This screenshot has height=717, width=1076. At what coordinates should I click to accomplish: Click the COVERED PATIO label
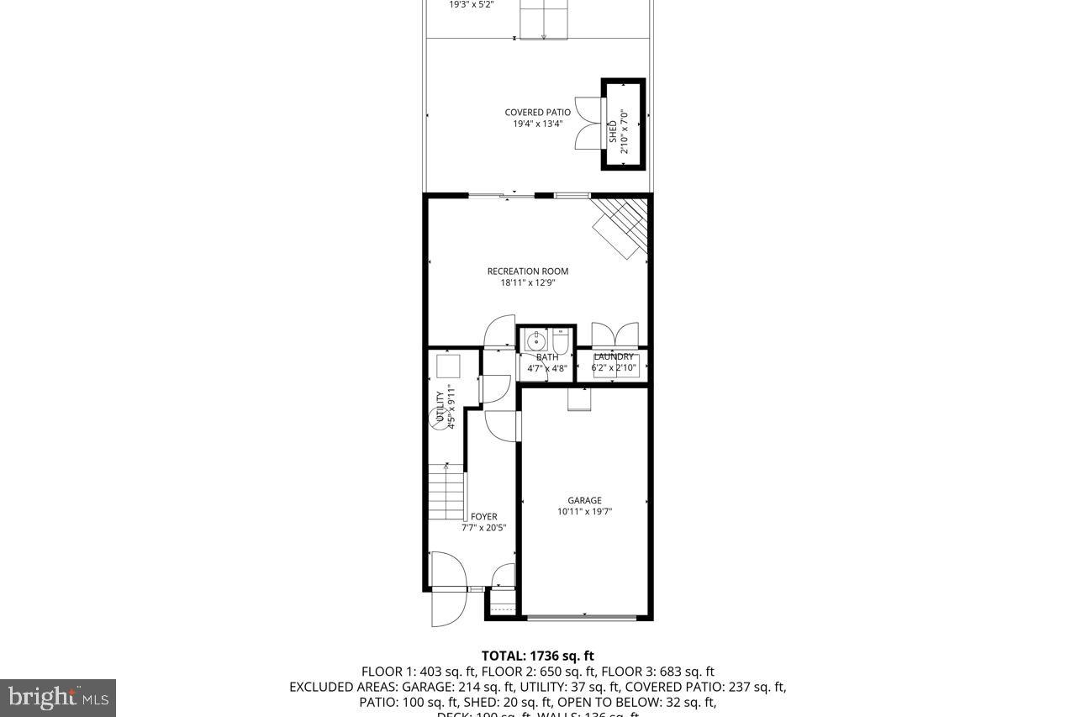pyautogui.click(x=537, y=113)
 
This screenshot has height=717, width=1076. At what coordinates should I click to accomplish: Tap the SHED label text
pyautogui.click(x=613, y=132)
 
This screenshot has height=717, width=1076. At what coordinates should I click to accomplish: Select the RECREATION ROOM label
pyautogui.click(x=528, y=272)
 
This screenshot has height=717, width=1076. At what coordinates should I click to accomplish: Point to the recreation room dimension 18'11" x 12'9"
pyautogui.click(x=528, y=283)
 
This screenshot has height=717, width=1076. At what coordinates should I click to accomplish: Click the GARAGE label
pyautogui.click(x=584, y=501)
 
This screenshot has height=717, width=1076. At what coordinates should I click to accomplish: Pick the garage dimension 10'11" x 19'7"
pyautogui.click(x=584, y=512)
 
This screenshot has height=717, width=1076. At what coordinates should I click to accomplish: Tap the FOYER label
pyautogui.click(x=483, y=517)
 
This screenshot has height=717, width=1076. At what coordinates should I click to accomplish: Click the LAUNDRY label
pyautogui.click(x=614, y=357)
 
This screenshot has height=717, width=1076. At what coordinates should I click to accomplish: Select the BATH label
pyautogui.click(x=547, y=357)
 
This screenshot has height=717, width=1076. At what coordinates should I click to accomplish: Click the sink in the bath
pyautogui.click(x=535, y=340)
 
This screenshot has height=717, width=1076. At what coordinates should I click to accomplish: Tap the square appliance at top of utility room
pyautogui.click(x=448, y=366)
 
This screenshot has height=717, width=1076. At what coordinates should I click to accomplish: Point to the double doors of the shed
pyautogui.click(x=589, y=124)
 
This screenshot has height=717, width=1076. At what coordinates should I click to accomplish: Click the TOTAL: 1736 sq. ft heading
pyautogui.click(x=537, y=656)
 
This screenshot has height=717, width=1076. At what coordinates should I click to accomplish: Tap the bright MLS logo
pyautogui.click(x=57, y=697)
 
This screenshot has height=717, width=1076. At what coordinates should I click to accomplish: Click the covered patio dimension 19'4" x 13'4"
pyautogui.click(x=537, y=124)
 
